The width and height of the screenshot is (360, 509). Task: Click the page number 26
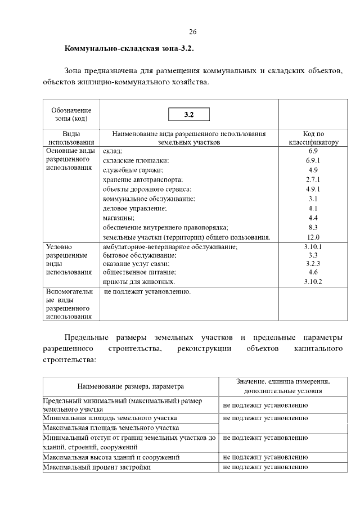[x=192, y=31]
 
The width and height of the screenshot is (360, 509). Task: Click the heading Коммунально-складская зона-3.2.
[x=129, y=49]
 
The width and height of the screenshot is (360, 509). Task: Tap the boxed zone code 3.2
[x=189, y=115]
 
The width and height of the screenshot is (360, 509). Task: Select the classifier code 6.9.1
[x=313, y=161]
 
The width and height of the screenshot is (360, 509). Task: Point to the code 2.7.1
[x=313, y=179]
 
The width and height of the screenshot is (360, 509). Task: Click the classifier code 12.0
[x=313, y=237]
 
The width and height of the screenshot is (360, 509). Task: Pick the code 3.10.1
[x=313, y=246]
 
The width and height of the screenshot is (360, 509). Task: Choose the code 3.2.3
[x=313, y=263]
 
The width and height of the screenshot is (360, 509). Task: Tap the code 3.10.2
[x=313, y=281]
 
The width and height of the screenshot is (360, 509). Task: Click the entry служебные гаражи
[x=133, y=170]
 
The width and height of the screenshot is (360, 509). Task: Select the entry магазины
[x=118, y=218]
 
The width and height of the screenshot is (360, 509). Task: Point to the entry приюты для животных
[x=139, y=281]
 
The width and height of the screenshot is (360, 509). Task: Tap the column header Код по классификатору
[x=313, y=138]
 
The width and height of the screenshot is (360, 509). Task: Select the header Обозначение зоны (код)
[x=71, y=114]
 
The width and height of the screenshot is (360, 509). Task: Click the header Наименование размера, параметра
[x=130, y=387]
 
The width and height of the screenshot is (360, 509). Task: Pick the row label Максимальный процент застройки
[x=97, y=467]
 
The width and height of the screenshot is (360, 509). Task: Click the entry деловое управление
[x=135, y=208]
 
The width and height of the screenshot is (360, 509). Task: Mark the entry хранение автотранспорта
[x=143, y=179]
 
